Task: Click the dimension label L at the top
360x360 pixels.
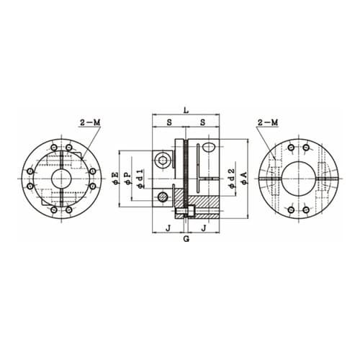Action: [186, 111]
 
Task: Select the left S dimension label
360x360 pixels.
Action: [169, 122]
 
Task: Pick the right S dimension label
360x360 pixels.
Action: [203, 122]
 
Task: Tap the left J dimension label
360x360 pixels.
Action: [168, 228]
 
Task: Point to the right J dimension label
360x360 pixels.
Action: [204, 228]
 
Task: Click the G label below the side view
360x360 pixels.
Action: [186, 239]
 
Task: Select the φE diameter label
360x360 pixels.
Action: [116, 178]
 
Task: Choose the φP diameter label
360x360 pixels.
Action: [128, 178]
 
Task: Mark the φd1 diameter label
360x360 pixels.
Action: [140, 178]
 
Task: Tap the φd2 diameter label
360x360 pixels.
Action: [231, 178]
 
